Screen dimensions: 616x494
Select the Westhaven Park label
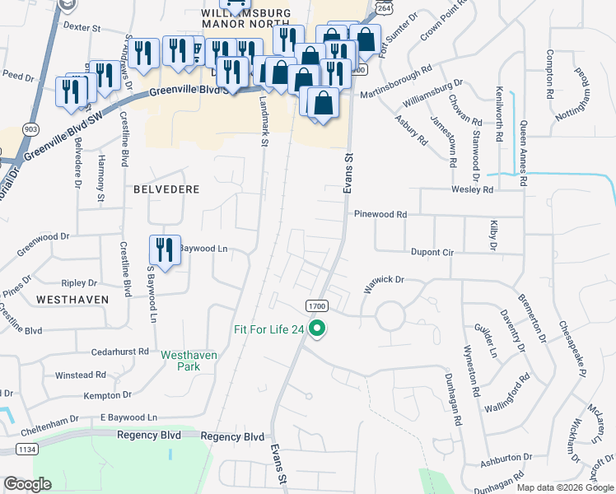[189, 360]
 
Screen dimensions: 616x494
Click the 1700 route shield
[317, 305]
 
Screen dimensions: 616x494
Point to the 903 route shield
[31, 128]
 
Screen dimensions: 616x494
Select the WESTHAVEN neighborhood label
[72, 300]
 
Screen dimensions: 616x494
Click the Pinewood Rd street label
[380, 214]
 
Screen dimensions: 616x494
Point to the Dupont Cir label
[431, 253]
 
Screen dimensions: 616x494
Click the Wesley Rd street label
[471, 189]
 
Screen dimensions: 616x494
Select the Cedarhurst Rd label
[120, 351]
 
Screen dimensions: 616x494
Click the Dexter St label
[82, 27]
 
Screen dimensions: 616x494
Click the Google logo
[27, 484]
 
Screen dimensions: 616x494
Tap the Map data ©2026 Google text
[564, 487]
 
